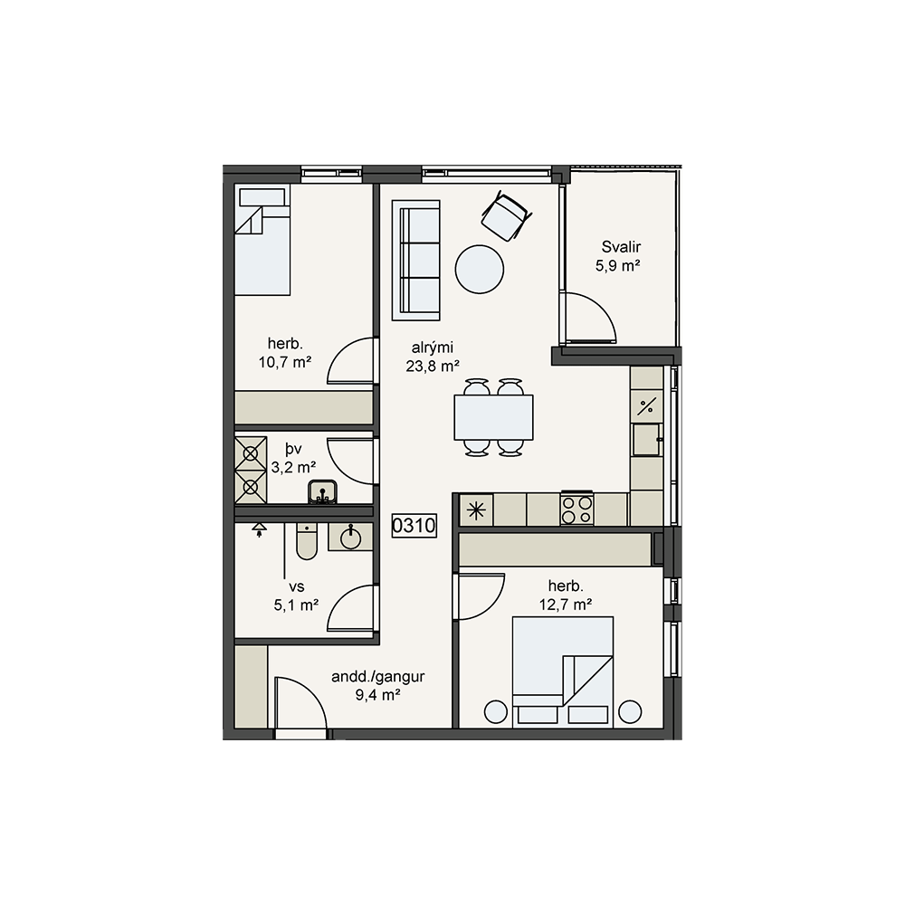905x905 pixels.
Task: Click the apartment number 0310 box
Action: [414, 526]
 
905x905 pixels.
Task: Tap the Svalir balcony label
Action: [621, 247]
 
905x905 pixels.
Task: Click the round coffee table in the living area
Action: [479, 270]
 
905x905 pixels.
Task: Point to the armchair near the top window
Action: [506, 216]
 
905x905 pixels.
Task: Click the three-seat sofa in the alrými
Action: [415, 261]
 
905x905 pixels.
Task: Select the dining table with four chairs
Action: [493, 417]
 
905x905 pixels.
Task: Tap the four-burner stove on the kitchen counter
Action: [576, 509]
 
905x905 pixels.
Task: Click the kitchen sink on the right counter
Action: [646, 440]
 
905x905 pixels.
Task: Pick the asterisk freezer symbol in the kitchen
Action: [476, 510]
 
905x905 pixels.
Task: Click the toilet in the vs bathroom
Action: [307, 541]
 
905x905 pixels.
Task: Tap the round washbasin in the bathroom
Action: [350, 538]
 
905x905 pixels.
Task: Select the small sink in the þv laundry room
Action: [322, 491]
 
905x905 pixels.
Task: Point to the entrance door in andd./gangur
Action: [301, 705]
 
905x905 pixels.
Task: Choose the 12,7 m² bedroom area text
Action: [565, 605]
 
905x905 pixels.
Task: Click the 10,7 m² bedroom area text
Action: [284, 363]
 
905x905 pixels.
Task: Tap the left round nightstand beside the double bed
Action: [495, 712]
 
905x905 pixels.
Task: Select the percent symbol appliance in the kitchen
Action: [646, 406]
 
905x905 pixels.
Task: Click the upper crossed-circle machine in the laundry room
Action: [251, 453]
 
